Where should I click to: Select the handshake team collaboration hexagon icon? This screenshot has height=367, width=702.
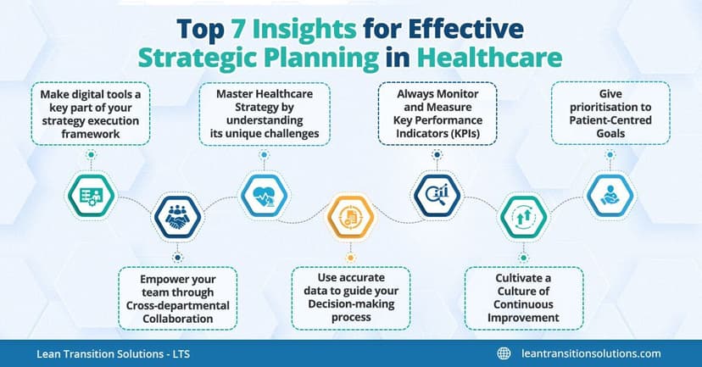[177, 218]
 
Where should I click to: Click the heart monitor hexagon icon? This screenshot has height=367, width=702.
[263, 194]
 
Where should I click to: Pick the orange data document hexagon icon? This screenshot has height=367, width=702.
[350, 218]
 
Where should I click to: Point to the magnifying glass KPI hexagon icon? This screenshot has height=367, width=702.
[437, 194]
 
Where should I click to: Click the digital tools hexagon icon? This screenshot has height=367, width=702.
[90, 194]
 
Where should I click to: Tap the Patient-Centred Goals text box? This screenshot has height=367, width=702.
[610, 113]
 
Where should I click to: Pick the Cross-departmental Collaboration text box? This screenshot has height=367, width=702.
[176, 297]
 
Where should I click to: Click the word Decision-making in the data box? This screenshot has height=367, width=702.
[350, 303]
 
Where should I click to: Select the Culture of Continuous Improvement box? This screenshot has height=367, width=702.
[523, 297]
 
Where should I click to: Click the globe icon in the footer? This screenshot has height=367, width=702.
[504, 353]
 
